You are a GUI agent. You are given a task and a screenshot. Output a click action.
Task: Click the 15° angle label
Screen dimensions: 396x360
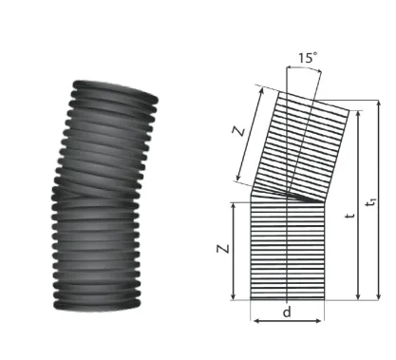[x=308, y=58]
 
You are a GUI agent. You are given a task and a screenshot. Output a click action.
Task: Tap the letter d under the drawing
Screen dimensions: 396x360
[x=287, y=313]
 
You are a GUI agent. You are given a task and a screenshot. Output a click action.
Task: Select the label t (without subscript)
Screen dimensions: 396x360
[x=349, y=216]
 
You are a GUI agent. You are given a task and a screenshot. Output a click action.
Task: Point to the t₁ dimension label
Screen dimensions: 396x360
[x=370, y=202]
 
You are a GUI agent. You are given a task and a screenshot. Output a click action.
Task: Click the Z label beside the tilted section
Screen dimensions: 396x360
[x=239, y=131]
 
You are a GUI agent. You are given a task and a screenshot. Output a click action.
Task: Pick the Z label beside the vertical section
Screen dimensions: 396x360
[x=223, y=249]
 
